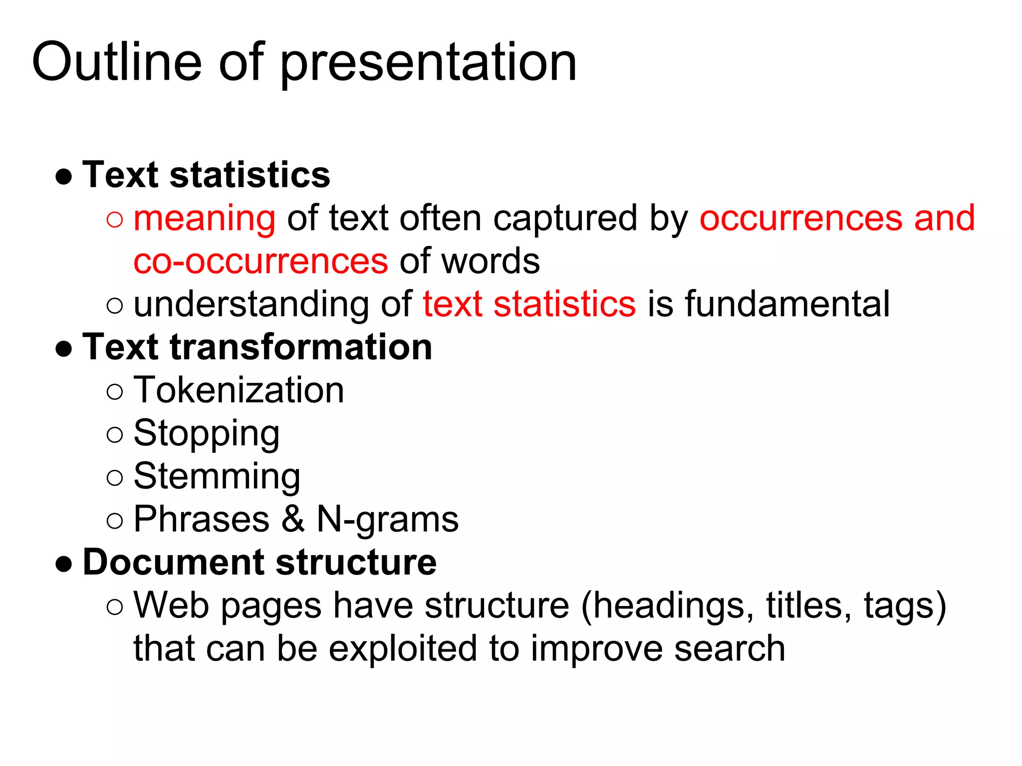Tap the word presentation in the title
click(x=429, y=64)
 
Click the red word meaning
click(x=205, y=219)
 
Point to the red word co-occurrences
click(x=260, y=261)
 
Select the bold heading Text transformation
click(x=257, y=347)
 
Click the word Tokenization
click(x=239, y=390)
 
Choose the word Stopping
click(x=207, y=434)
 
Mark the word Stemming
click(x=217, y=477)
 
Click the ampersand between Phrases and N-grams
click(x=293, y=519)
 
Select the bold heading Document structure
click(x=259, y=563)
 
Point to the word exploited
click(x=403, y=649)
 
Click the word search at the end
click(x=730, y=649)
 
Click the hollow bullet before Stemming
click(x=115, y=478)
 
